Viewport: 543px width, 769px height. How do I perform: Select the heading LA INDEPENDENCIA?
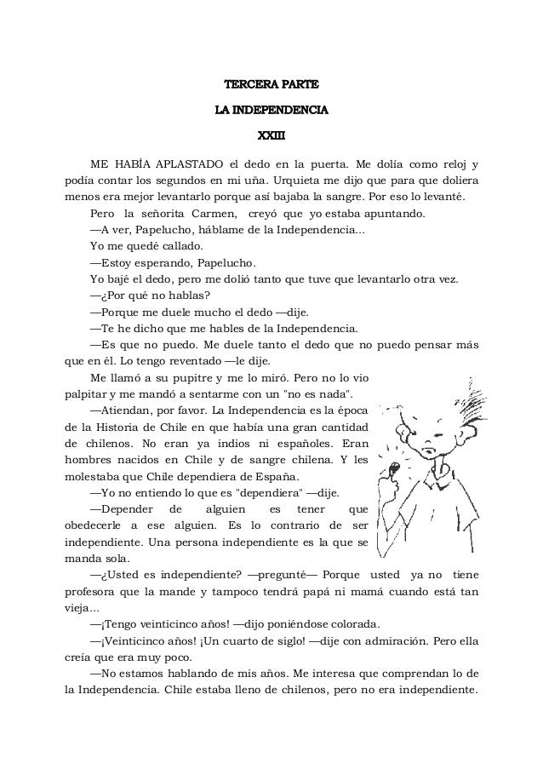(271, 110)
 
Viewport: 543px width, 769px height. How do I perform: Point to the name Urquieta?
(291, 181)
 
